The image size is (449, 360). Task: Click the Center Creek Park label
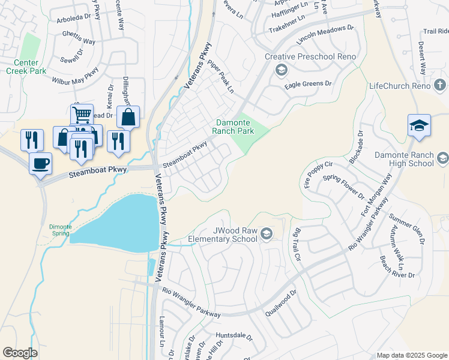pos(23,67)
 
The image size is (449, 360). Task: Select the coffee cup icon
pos(40,163)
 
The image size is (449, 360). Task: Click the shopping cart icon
pos(82,114)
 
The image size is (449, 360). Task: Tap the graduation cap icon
pos(419,126)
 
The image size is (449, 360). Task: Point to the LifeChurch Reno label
pos(400,86)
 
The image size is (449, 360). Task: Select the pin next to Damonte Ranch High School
pos(443,158)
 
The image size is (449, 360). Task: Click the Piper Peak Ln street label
pos(220,76)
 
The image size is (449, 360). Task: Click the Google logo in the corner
pos(20,353)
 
